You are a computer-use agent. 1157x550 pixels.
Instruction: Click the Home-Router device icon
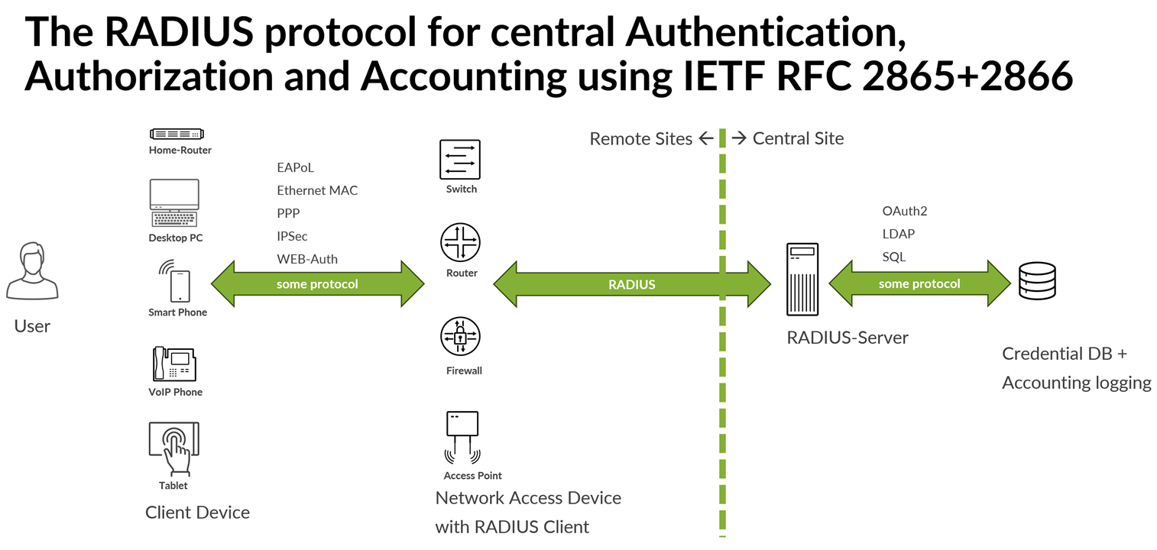(177, 134)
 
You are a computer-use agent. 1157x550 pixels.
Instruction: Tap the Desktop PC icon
(174, 203)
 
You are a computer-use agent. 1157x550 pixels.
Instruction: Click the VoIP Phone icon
(174, 364)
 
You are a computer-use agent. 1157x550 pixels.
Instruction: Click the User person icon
(32, 271)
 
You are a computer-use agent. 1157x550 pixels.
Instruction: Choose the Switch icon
(460, 160)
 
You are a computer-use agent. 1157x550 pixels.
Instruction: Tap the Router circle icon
(460, 242)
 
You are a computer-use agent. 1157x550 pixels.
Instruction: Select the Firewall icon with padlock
(460, 336)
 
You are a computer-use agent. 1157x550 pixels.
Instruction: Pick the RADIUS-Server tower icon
(802, 279)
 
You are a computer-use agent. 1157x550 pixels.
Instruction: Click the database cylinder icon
(1037, 281)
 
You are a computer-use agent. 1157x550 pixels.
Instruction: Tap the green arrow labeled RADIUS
(632, 284)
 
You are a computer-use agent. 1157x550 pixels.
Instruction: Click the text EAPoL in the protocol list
(296, 167)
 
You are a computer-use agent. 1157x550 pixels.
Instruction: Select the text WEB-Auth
(307, 259)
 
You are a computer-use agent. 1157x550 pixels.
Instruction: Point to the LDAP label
(898, 234)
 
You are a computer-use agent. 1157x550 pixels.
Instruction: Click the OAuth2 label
(904, 211)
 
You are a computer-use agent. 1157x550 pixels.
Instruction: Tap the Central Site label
(798, 138)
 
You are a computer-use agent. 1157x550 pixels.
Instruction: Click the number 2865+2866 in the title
(968, 76)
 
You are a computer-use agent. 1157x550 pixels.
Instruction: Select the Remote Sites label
(641, 138)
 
